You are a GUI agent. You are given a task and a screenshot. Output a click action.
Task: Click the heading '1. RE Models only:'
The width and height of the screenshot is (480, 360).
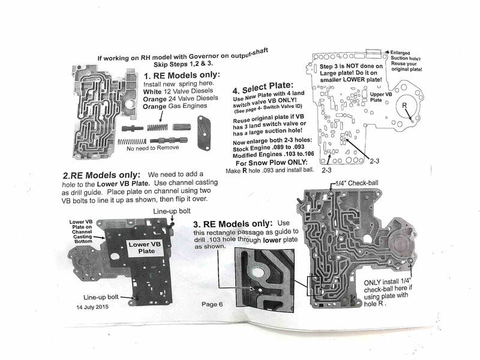pos(182,75)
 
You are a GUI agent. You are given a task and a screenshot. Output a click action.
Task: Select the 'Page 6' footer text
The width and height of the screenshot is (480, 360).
pos(212,304)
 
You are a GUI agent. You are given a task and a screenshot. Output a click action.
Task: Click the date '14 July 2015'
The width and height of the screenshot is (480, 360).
pos(92,307)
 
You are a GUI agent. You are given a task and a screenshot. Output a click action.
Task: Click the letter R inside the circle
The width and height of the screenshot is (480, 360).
pos(404,106)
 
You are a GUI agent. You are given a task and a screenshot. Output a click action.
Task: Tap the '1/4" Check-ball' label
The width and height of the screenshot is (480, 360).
pos(356,183)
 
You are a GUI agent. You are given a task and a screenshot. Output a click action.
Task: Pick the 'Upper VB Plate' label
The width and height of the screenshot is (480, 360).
pos(380,97)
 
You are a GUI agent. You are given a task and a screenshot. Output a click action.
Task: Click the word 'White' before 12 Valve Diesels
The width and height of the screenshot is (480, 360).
pos(152,92)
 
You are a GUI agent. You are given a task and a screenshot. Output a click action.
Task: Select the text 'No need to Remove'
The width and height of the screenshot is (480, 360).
pos(153,148)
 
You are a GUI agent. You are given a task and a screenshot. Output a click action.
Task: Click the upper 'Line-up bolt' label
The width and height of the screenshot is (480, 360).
pos(172,211)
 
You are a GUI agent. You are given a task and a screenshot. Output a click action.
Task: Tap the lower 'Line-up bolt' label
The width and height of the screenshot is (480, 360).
pos(101,297)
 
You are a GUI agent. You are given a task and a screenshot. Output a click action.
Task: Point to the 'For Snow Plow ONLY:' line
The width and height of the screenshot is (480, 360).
pos(272,163)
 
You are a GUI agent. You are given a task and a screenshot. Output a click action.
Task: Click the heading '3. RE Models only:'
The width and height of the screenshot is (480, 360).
pos(233,224)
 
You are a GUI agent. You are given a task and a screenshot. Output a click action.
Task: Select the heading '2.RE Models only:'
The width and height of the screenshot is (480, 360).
pos(101,175)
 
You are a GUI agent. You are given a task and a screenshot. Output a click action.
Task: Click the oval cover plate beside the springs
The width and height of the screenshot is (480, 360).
pos(204,133)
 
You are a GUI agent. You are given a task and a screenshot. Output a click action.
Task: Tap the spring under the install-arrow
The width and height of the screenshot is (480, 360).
pos(157,127)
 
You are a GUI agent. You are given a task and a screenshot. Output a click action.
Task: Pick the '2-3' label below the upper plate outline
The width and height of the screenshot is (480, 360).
pos(326,170)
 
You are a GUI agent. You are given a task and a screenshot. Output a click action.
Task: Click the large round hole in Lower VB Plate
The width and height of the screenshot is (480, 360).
pos(115,256)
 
